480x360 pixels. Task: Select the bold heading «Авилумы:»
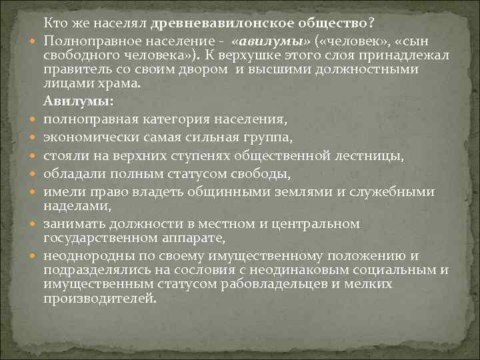(78, 102)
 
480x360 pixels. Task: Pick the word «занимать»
(74, 224)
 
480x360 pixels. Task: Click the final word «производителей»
(99, 299)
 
